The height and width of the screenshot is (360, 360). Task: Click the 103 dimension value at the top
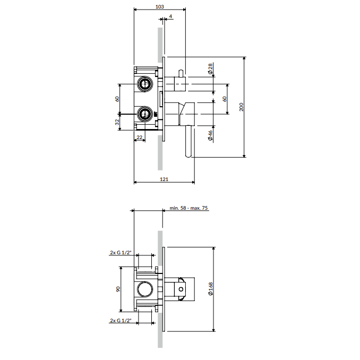click(x=160, y=6)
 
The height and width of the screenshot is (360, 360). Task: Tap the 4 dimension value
click(x=170, y=16)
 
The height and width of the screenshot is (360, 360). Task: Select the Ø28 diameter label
click(x=210, y=68)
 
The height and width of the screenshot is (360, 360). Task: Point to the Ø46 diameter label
click(x=210, y=135)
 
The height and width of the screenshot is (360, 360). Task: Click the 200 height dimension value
click(x=241, y=107)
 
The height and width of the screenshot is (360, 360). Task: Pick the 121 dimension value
click(x=164, y=179)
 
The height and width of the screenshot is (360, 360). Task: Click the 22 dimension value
click(x=139, y=138)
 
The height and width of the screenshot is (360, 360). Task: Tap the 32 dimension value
click(x=117, y=122)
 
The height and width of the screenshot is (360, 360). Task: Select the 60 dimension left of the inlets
click(x=117, y=99)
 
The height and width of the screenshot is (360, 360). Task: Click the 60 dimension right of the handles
click(x=225, y=99)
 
